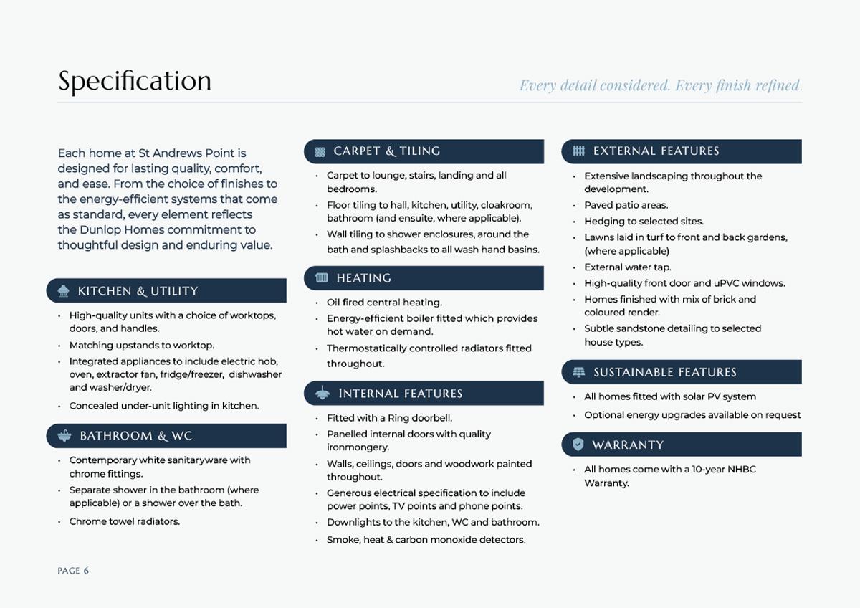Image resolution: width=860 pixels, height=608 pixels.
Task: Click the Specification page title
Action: pos(135,82)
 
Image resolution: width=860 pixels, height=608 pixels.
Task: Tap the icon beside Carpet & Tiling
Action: pos(320,151)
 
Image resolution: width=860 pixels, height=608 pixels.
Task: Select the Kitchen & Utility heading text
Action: pos(138,291)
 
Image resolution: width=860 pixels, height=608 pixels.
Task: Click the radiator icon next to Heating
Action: pos(322,277)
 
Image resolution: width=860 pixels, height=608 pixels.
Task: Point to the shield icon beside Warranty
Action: pos(578,445)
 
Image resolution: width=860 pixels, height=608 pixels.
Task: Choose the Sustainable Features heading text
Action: pos(664,372)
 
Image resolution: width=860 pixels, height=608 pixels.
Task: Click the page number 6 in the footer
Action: pos(86,571)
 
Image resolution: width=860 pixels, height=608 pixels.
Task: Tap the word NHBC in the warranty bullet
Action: pos(742,470)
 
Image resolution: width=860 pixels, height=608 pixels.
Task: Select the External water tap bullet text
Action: pos(627,267)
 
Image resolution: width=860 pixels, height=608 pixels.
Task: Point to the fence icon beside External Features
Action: pos(579,151)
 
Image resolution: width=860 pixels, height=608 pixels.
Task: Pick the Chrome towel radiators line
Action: pos(124,521)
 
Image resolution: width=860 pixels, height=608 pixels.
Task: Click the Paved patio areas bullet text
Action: pos(626,205)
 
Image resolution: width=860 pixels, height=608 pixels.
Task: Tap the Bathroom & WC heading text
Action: pos(135,436)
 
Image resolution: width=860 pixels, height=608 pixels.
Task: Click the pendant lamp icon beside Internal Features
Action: pos(322,393)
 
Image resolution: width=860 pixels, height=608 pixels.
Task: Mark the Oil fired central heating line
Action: pos(384,303)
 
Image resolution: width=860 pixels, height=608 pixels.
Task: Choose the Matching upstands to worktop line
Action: pos(141,346)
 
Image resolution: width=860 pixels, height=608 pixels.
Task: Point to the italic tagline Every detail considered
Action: pos(595,86)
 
